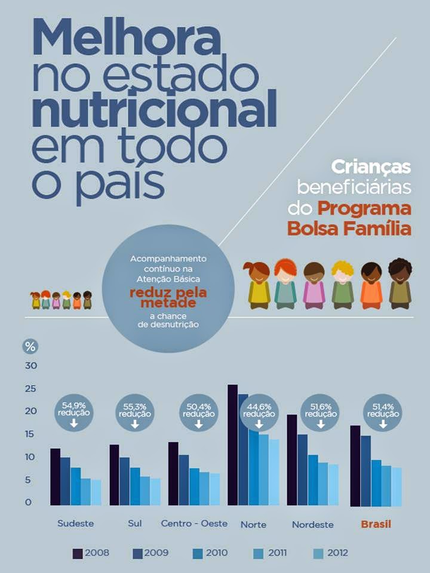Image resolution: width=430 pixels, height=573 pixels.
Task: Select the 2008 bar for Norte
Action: [x=232, y=445]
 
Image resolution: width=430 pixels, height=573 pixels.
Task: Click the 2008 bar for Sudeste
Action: [x=55, y=476]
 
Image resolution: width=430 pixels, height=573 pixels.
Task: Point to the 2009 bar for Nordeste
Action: [x=303, y=470]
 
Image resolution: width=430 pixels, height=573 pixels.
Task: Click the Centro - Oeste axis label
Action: [x=194, y=523]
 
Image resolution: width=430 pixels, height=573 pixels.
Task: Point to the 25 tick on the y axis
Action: [x=31, y=389]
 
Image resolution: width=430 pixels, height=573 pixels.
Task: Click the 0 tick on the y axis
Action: [x=27, y=503]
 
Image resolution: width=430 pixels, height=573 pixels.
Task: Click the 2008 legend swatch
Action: [x=78, y=553]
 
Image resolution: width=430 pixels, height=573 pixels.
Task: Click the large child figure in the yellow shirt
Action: [x=259, y=285]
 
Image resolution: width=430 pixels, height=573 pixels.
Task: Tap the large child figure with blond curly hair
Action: [x=343, y=285]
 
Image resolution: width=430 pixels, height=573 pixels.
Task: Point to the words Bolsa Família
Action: [x=349, y=229]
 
